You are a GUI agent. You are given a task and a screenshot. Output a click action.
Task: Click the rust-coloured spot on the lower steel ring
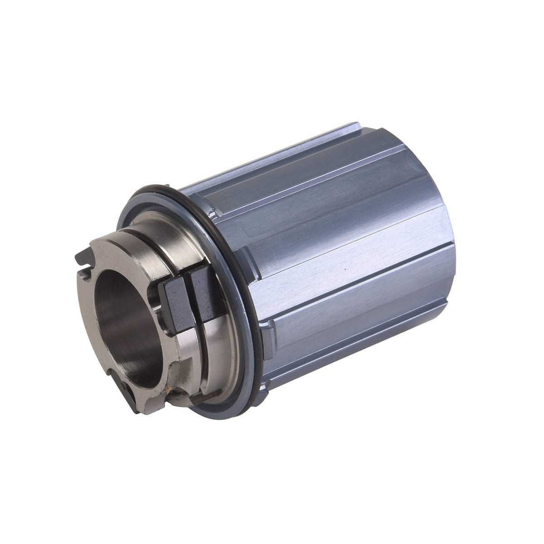tap(171, 389)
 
